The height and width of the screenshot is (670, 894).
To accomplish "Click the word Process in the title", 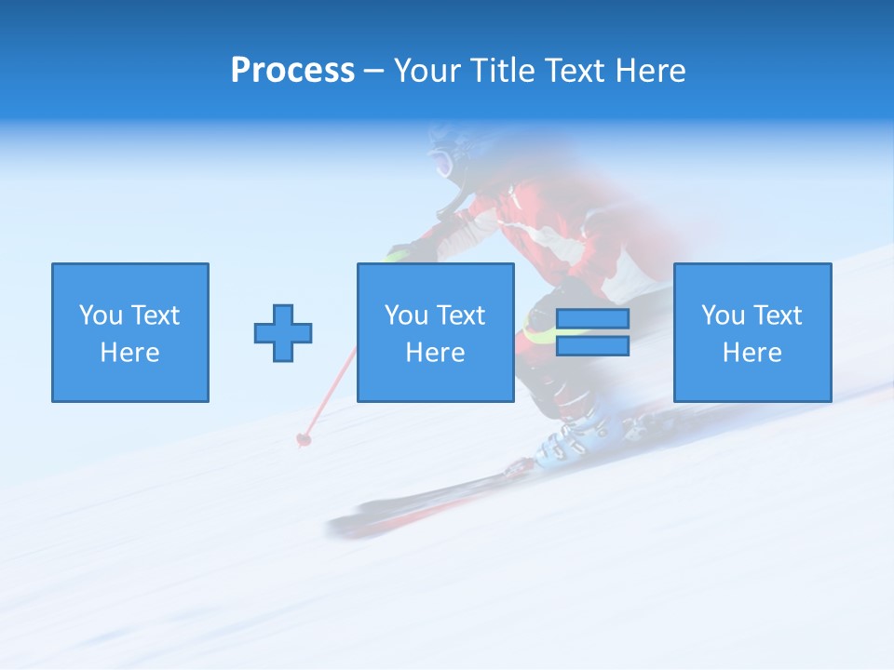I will point(292,71).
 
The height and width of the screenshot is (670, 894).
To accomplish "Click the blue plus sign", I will point(283,332).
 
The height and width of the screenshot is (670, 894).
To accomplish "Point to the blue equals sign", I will point(592,332).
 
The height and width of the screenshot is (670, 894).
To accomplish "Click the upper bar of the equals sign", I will point(592,319).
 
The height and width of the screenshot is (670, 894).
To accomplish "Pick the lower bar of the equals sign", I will point(592,345).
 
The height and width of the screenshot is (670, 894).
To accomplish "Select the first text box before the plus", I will point(130,332).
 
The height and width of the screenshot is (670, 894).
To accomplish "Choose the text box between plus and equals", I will point(435,332).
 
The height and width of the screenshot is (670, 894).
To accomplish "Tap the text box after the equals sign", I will point(752,332).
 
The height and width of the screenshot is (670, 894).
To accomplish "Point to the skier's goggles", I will point(441,165).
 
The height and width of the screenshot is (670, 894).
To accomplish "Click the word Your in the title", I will point(426,71).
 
